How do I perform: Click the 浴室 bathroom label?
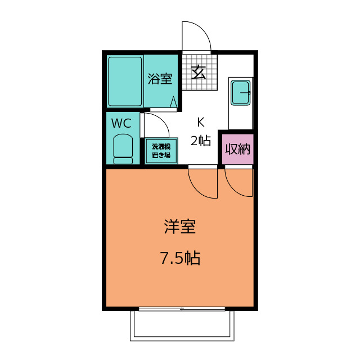click(160, 79)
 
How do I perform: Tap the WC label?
click(121, 123)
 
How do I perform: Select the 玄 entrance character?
click(199, 72)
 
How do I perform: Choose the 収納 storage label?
click(237, 149)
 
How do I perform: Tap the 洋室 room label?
click(180, 227)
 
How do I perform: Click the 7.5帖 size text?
click(180, 258)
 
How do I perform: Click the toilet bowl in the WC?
click(123, 148)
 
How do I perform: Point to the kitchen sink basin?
click(241, 92)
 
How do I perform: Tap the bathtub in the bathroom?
click(125, 82)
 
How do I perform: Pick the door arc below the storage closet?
click(237, 183)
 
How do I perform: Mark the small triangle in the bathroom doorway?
click(174, 103)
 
